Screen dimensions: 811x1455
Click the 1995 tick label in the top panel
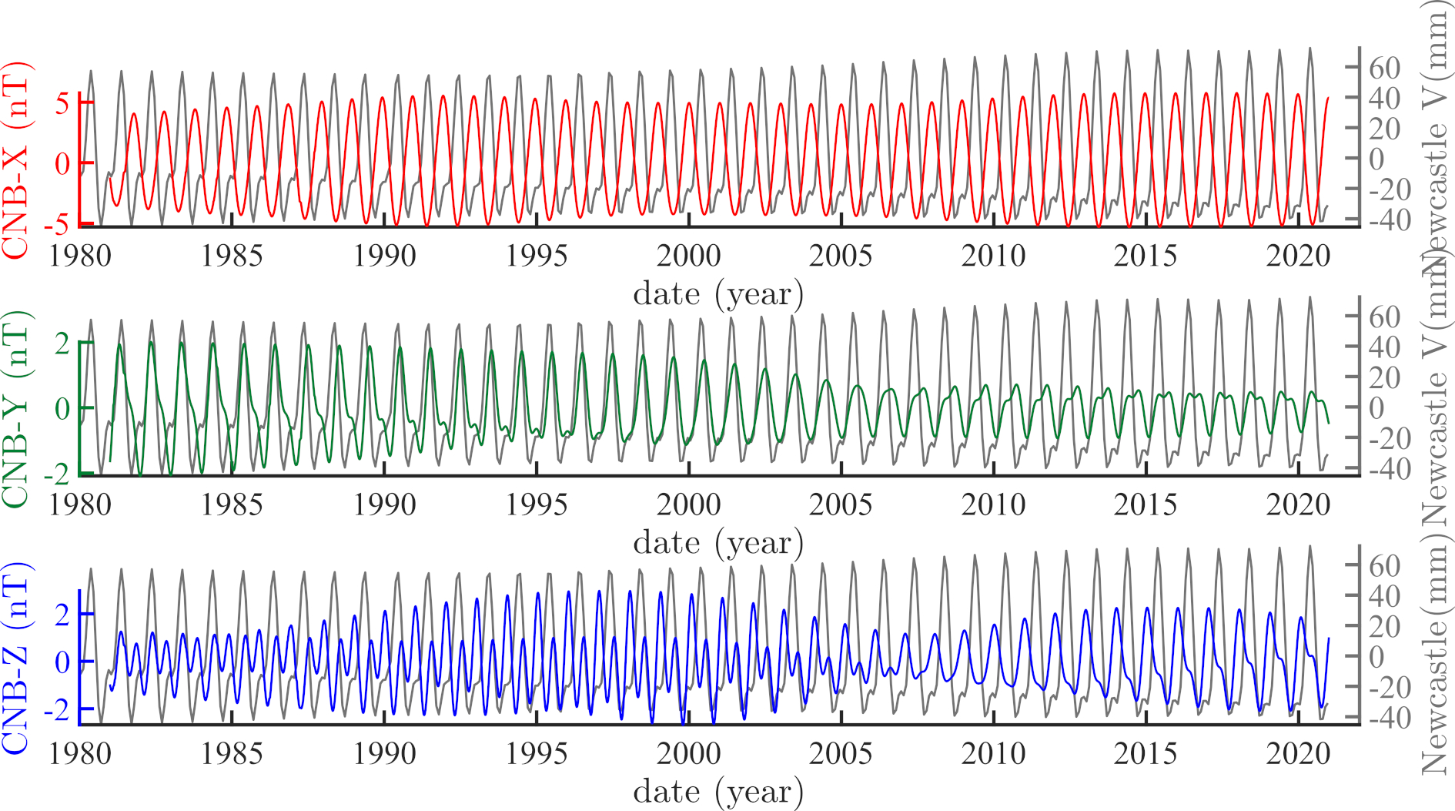click(x=536, y=256)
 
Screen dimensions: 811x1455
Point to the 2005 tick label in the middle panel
click(x=840, y=504)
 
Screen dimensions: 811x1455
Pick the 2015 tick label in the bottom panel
click(x=1145, y=753)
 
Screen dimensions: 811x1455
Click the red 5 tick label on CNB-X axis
click(x=62, y=102)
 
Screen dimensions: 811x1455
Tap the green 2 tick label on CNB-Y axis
click(x=62, y=344)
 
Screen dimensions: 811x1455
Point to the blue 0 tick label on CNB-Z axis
click(x=62, y=662)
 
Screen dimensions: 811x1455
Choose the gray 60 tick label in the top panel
click(x=1384, y=68)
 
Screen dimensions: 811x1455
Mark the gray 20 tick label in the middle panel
click(x=1384, y=377)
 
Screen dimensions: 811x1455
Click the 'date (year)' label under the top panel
click(x=717, y=294)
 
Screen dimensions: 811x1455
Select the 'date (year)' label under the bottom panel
click(x=717, y=792)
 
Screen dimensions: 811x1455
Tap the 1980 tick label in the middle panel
click(x=79, y=504)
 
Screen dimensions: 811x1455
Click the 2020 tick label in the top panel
click(x=1298, y=256)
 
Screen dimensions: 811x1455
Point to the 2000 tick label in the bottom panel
click(x=688, y=753)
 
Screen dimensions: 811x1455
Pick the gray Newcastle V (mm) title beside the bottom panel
click(x=1435, y=659)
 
